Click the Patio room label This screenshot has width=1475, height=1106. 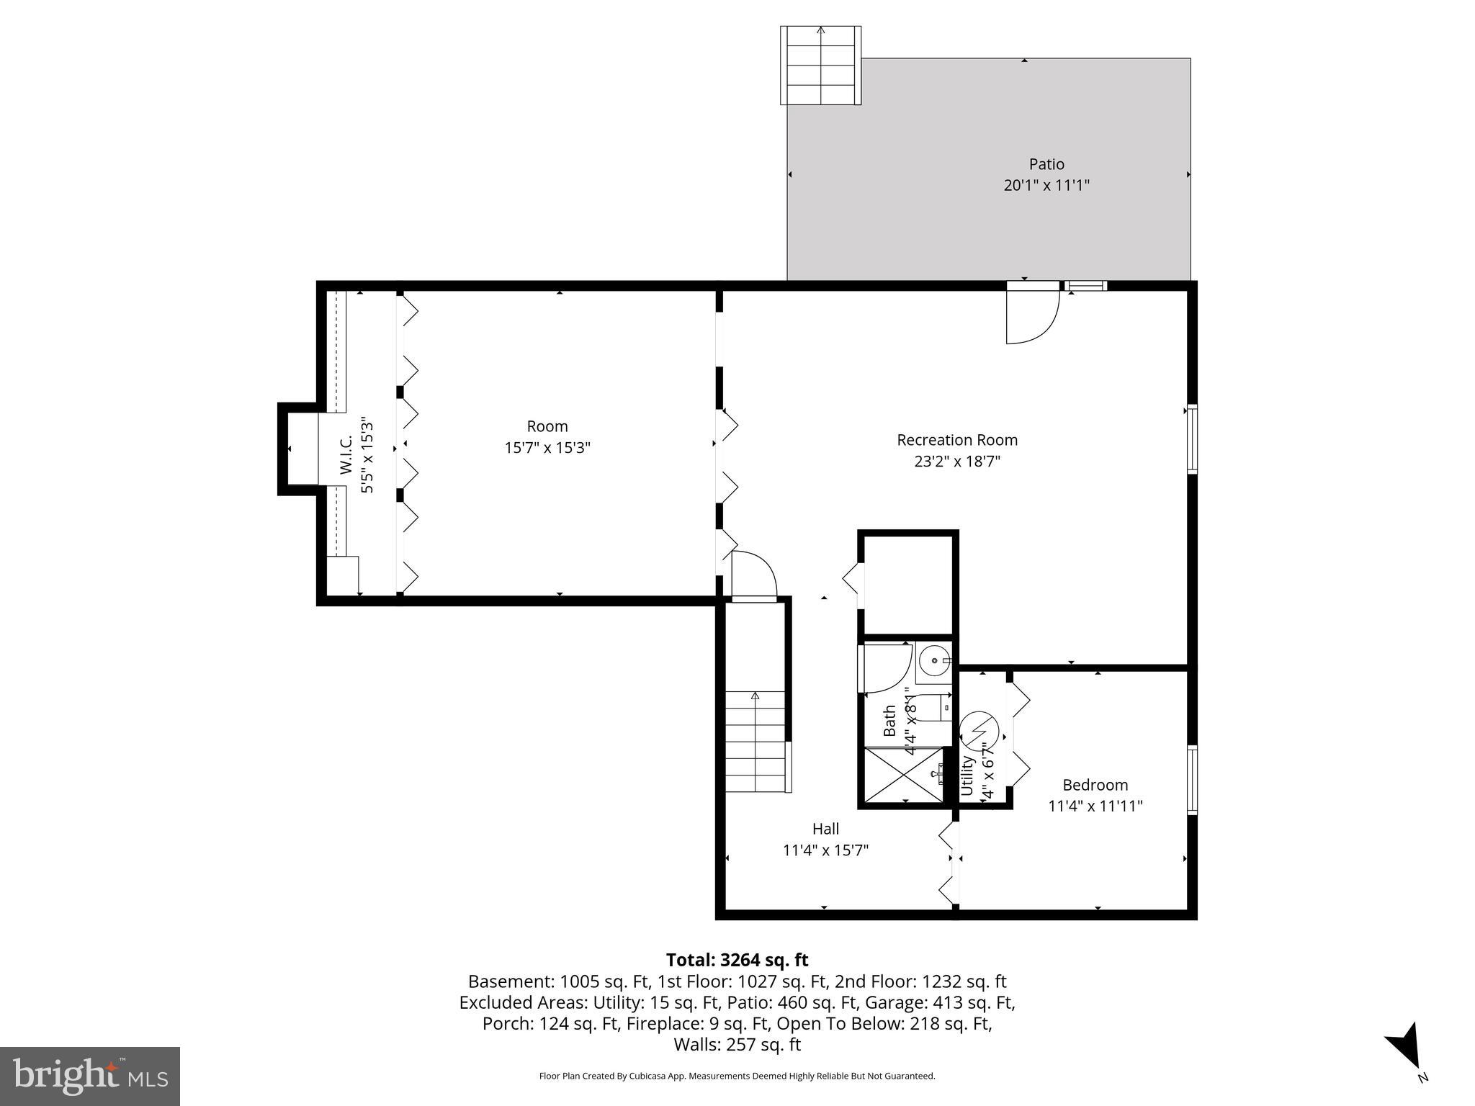click(x=1046, y=164)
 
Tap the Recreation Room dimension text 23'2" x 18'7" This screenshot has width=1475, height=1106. click(x=957, y=462)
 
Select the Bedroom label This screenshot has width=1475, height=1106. click(x=1095, y=785)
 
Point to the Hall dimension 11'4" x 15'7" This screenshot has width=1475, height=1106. click(x=825, y=850)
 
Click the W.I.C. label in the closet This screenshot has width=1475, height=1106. click(x=346, y=455)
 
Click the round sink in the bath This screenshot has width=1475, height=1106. click(x=934, y=660)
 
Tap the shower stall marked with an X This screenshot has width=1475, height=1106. click(x=902, y=775)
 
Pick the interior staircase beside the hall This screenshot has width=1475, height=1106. click(x=755, y=742)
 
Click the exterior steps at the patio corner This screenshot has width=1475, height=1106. click(x=820, y=66)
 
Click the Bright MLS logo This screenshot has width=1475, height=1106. click(x=90, y=1076)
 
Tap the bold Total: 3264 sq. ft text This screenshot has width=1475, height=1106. click(x=737, y=960)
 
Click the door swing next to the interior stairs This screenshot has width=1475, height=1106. click(x=753, y=575)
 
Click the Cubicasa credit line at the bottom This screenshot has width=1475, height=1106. click(x=737, y=1076)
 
